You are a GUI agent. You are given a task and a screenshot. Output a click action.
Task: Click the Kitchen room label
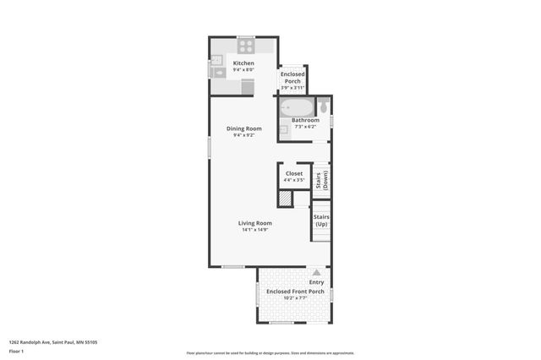pos(243,63)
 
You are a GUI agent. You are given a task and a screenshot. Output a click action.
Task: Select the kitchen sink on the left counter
pos(217,73)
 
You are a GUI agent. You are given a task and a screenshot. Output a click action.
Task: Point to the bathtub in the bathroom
pos(297,108)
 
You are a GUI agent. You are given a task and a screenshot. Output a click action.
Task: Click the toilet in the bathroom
pos(323,106)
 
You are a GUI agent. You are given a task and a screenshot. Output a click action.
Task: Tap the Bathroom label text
pos(305,120)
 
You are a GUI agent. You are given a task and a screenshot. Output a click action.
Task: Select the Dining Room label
pos(243,128)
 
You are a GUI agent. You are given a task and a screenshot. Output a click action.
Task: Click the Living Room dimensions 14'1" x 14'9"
pos(253,230)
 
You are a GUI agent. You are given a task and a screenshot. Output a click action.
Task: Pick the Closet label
pos(293,173)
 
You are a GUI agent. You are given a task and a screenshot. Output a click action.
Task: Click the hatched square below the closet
pos(286,199)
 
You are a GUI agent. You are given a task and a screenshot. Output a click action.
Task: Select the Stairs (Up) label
pos(321,220)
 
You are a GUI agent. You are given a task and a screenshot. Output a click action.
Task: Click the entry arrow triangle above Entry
pos(316,272)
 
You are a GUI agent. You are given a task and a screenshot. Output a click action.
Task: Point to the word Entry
pos(316,282)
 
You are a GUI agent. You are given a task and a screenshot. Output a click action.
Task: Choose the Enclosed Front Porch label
pos(295,292)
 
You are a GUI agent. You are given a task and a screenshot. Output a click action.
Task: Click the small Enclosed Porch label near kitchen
pos(292,77)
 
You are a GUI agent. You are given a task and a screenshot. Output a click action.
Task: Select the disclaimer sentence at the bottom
pos(270,353)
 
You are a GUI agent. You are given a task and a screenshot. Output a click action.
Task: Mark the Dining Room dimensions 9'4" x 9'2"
pos(243,135)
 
